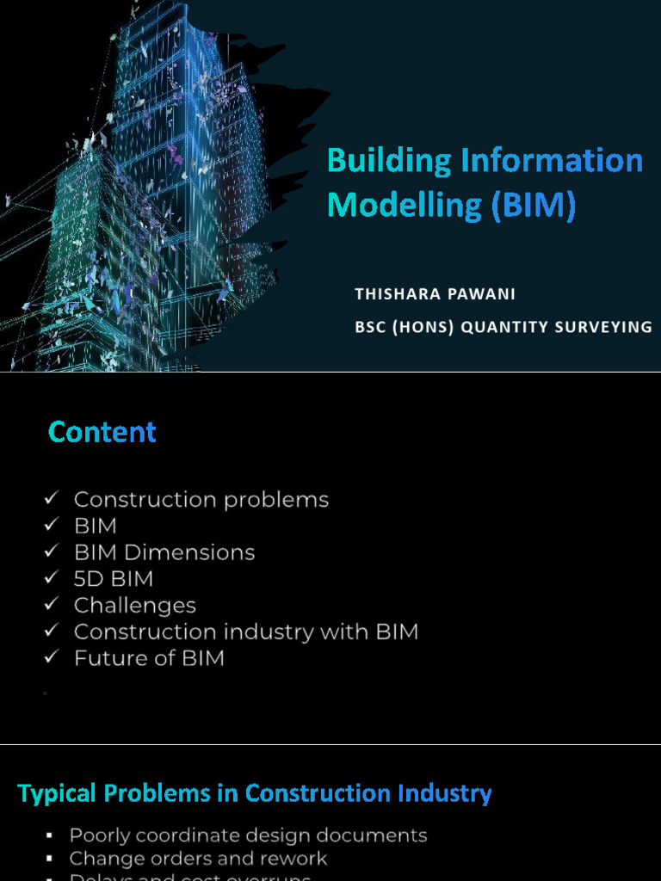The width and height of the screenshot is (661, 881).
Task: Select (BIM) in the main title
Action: point(534,206)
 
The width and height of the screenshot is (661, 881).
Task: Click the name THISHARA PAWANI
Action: point(435,294)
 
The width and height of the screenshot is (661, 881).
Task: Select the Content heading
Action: point(102,431)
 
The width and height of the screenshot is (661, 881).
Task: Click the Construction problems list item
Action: point(201,500)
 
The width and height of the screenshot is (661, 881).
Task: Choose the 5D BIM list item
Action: point(114,579)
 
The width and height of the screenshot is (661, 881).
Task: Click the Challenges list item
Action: point(135,606)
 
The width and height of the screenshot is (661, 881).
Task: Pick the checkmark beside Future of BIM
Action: point(52,658)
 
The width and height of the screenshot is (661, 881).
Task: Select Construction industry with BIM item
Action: point(246,632)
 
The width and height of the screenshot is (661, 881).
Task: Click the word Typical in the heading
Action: point(56,793)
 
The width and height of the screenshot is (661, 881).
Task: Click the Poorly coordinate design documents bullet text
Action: point(248,835)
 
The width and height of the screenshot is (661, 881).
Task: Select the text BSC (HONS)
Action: point(405,327)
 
